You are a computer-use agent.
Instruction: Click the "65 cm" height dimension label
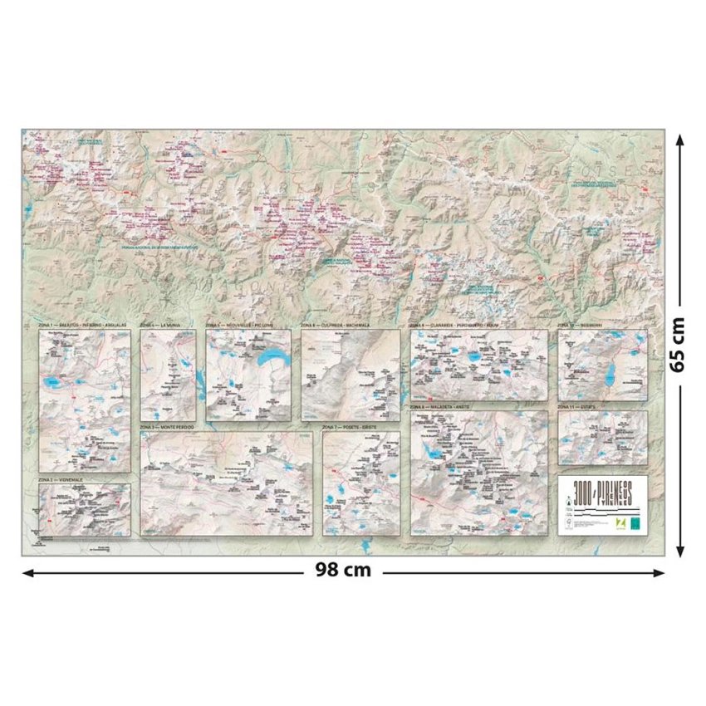679,343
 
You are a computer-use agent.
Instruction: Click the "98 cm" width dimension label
343,571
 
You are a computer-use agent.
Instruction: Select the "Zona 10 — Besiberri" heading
581,326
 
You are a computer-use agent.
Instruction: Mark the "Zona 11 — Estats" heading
576,407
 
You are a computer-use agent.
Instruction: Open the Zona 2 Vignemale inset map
84,510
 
